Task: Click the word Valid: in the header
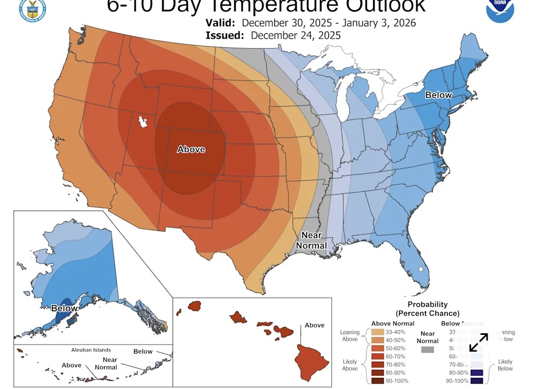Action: [220, 23]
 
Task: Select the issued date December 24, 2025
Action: [295, 35]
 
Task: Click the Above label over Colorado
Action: [191, 149]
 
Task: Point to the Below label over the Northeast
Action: [438, 95]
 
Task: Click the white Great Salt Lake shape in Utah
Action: [143, 122]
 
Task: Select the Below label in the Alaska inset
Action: [64, 308]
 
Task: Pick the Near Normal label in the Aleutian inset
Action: [106, 364]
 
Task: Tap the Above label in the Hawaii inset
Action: [315, 325]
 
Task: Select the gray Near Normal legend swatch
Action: [427, 350]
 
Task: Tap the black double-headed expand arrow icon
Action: [479, 342]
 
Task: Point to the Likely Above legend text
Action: [349, 365]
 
